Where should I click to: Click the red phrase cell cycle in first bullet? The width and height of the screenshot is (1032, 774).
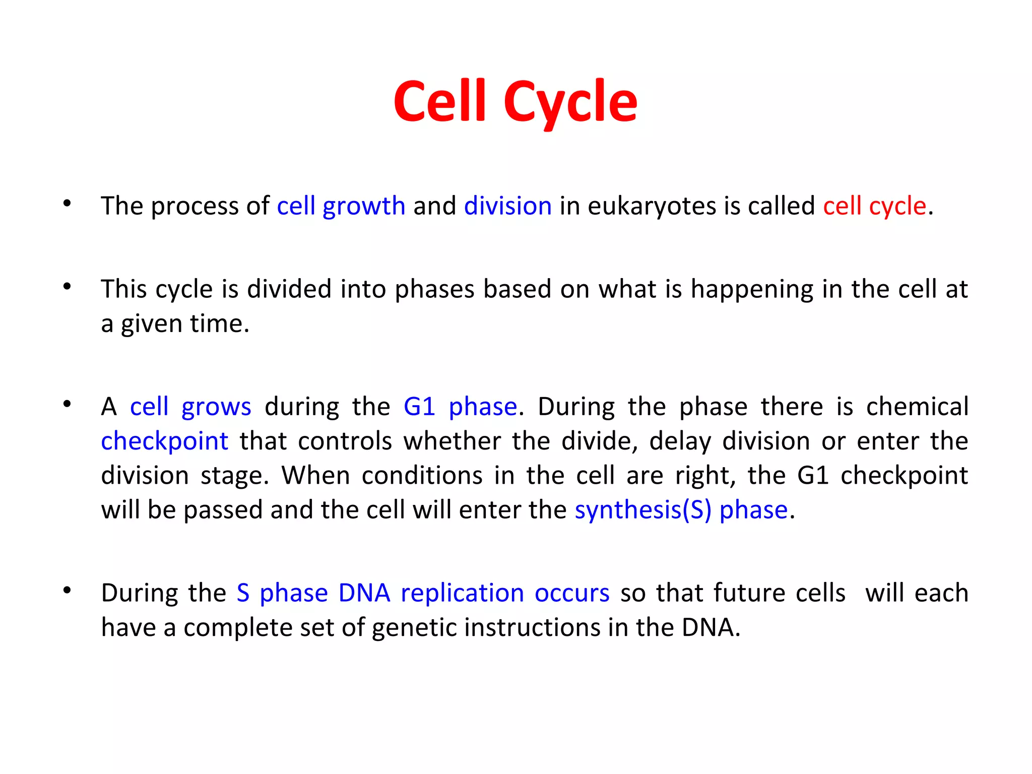pos(874,206)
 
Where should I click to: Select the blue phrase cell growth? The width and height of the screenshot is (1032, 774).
pos(341,206)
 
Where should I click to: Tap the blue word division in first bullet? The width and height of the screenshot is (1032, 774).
pos(507,206)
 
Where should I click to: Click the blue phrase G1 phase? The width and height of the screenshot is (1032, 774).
pos(460,407)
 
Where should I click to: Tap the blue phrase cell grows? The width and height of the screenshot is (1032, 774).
pos(190,407)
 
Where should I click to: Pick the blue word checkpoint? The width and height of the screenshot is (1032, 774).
pos(164,441)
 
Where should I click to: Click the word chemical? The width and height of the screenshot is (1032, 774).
pos(917,407)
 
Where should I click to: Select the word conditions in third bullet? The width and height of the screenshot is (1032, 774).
pos(422,476)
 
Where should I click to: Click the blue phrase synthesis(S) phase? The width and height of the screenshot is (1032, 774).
pos(681,510)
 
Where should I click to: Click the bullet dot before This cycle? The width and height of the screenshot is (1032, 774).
pos(67,287)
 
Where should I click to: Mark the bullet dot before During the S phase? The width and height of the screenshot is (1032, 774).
pos(67,591)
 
